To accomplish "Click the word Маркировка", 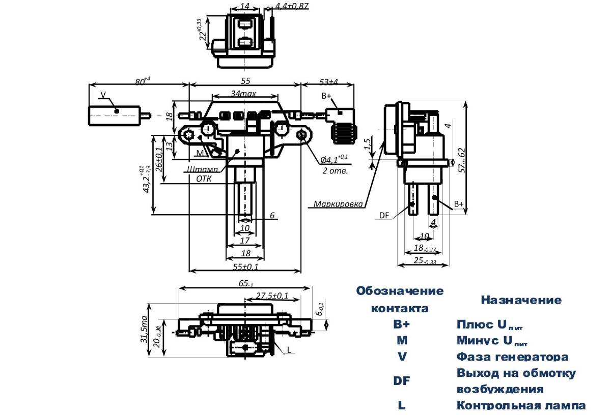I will point(338,204).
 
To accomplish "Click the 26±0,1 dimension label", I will point(159,158).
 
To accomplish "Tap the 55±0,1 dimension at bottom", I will point(244,266).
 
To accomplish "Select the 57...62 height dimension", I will point(461,160).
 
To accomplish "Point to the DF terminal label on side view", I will point(384,216).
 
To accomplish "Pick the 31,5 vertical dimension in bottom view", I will point(145,329).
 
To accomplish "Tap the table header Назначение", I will point(521,300).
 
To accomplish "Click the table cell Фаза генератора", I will point(512,357).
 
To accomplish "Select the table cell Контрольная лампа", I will point(521,405).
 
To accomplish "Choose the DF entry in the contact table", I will point(400,381).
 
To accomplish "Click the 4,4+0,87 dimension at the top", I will point(292,7).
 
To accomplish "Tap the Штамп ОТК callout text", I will point(202,173).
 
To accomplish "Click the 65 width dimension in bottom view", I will point(245,284).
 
